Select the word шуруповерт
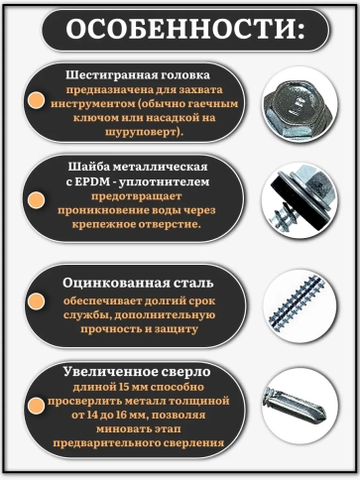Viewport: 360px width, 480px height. click(x=142, y=130)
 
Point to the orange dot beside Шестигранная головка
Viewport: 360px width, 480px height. click(x=36, y=100)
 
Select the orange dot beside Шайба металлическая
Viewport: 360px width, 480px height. click(x=36, y=195)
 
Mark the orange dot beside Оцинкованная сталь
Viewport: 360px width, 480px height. click(x=36, y=300)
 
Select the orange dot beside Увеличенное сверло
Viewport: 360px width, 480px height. click(x=36, y=406)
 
